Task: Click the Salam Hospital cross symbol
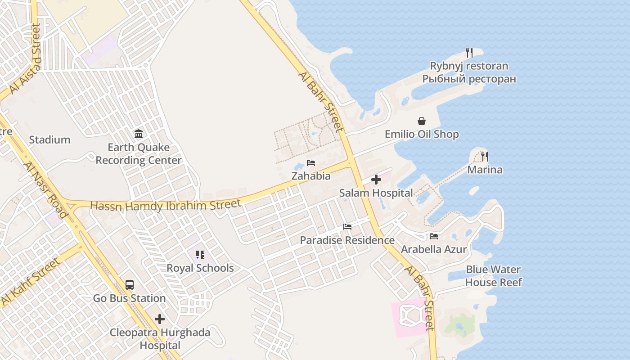tap(376, 180)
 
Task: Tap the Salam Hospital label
tap(376, 193)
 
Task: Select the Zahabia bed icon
tap(311, 163)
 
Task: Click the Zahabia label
tap(311, 176)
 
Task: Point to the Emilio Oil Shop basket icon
tap(422, 121)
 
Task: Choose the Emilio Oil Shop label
tap(422, 134)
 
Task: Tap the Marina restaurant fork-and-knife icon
tap(485, 157)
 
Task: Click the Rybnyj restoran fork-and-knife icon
tap(469, 53)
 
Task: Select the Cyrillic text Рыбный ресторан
tap(469, 79)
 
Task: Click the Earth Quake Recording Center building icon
tap(139, 134)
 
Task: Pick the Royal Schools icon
tap(200, 255)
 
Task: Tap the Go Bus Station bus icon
tap(130, 285)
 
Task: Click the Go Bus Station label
tap(130, 298)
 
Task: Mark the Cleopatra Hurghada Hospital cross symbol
tap(160, 319)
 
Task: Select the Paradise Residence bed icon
tap(347, 227)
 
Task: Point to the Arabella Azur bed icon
tap(434, 236)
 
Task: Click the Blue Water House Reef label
tap(493, 276)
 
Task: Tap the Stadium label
tap(49, 140)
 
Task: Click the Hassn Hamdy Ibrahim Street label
tap(166, 205)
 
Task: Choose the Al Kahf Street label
tap(31, 282)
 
